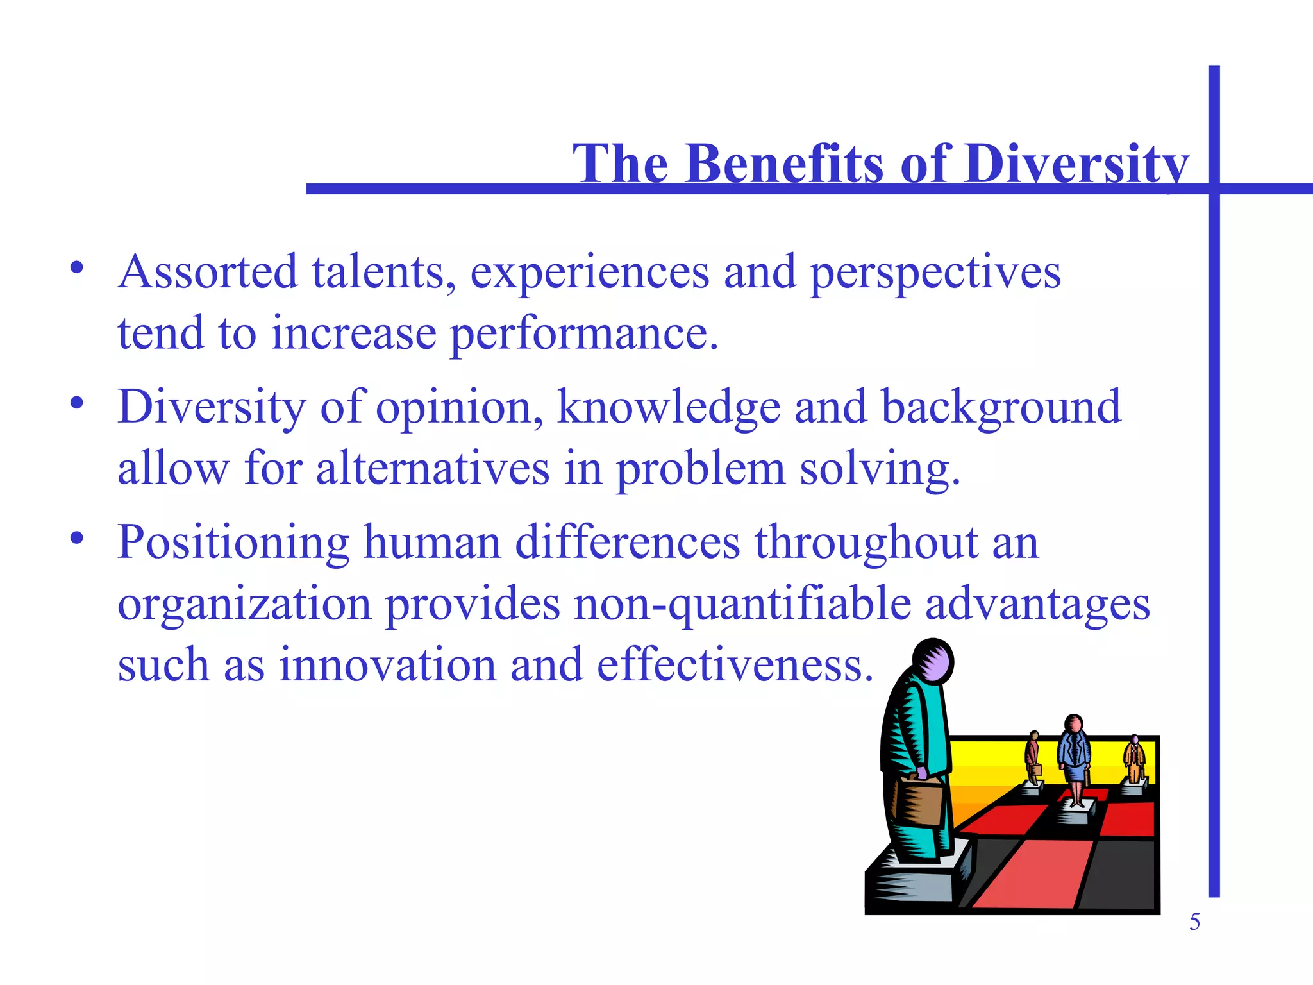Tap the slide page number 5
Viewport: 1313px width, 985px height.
1194,922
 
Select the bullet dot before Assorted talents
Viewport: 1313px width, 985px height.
77,268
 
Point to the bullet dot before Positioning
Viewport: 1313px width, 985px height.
77,539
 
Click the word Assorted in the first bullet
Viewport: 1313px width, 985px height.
208,272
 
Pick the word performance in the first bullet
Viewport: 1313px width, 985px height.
583,334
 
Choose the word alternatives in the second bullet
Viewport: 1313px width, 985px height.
433,469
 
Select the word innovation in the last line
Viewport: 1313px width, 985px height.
387,665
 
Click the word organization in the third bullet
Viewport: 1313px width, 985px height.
244,605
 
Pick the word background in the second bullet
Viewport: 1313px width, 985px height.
1001,408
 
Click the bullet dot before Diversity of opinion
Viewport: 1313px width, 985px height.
77,403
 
